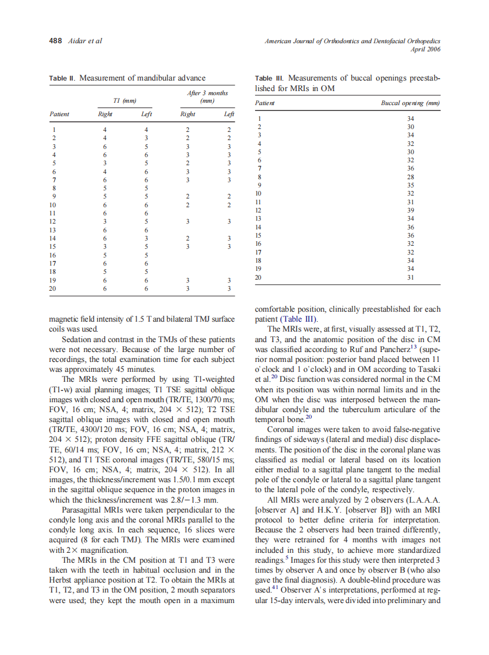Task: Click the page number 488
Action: tap(56, 41)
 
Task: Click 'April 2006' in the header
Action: tap(425, 50)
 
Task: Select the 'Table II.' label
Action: tap(62, 78)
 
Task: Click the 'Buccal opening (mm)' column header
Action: tap(410, 103)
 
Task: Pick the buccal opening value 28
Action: tap(410, 176)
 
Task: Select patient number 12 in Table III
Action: tap(259, 210)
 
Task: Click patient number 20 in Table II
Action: tap(53, 288)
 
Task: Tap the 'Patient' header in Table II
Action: tap(59, 114)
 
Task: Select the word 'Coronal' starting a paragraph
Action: tap(280, 428)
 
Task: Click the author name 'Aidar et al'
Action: tap(85, 41)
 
